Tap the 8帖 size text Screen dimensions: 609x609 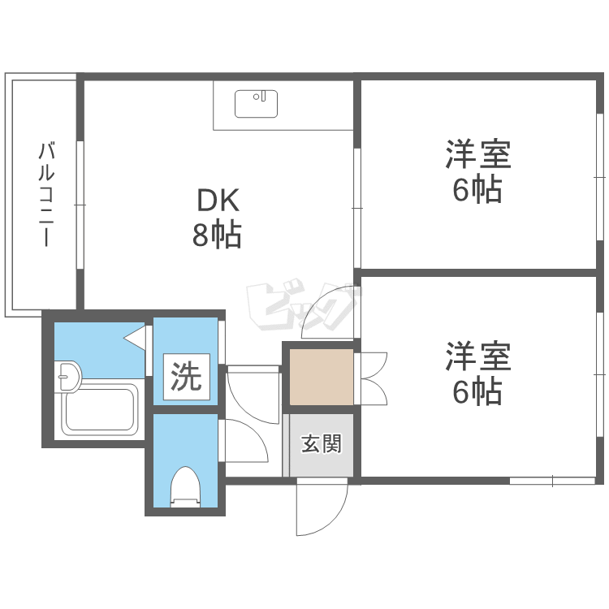216,235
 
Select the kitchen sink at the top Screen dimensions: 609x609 257,104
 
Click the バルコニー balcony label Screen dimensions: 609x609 46,195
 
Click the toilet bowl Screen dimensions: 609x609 185,486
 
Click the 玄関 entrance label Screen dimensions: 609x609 322,444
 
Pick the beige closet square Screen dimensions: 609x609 322,377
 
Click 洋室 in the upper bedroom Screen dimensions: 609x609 477,154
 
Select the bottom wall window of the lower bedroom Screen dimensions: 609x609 552,481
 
